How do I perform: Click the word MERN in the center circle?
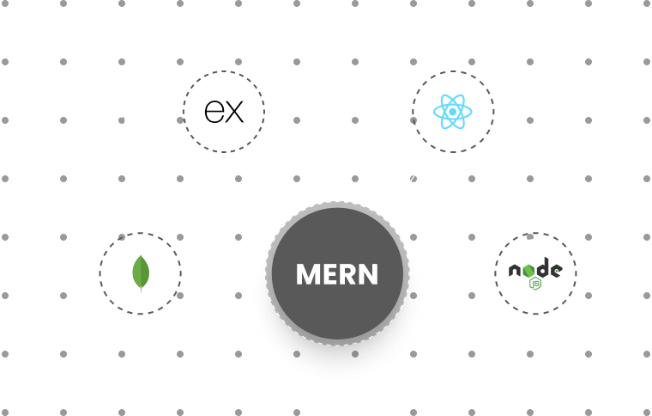tap(336, 274)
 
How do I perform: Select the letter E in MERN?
tap(328, 274)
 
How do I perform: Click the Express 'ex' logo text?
tap(223, 112)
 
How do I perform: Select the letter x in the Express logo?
tap(234, 112)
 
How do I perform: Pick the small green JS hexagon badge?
tap(535, 283)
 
